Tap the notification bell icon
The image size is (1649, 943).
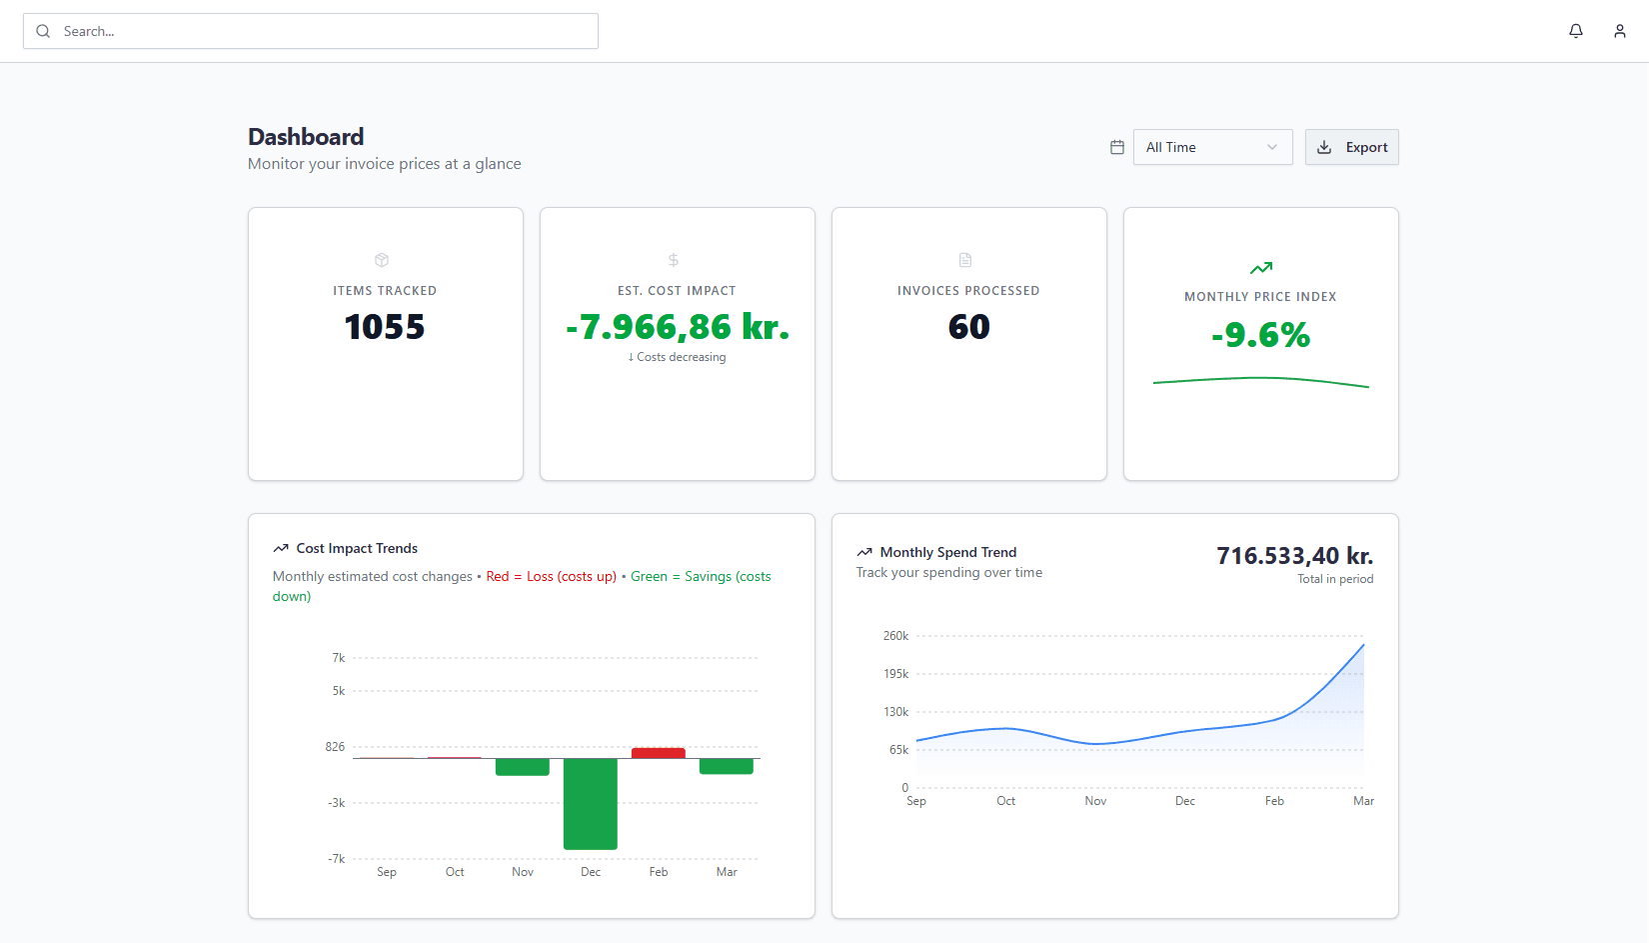pyautogui.click(x=1576, y=31)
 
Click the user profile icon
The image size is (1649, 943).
pyautogui.click(x=1620, y=31)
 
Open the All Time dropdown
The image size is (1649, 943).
pyautogui.click(x=1212, y=147)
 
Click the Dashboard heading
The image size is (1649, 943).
pyautogui.click(x=306, y=137)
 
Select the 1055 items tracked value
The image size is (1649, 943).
pyautogui.click(x=385, y=327)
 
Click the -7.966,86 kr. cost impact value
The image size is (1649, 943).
pyautogui.click(x=678, y=327)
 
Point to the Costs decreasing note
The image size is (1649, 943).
pyautogui.click(x=678, y=357)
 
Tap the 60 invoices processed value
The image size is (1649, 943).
pyautogui.click(x=968, y=327)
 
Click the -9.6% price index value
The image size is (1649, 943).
pyautogui.click(x=1260, y=335)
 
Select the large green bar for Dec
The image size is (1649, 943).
pyautogui.click(x=590, y=804)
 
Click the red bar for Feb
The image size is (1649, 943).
pyautogui.click(x=658, y=753)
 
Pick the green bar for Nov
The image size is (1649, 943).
pyautogui.click(x=522, y=767)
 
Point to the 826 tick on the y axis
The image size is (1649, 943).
pyautogui.click(x=335, y=747)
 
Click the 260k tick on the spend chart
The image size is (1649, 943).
pyautogui.click(x=895, y=636)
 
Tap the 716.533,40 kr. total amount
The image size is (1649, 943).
pyautogui.click(x=1294, y=556)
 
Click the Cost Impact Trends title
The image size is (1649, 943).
pyautogui.click(x=357, y=549)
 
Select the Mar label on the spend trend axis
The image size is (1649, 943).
pyautogui.click(x=1363, y=801)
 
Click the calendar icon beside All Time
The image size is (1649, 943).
pyautogui.click(x=1117, y=147)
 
